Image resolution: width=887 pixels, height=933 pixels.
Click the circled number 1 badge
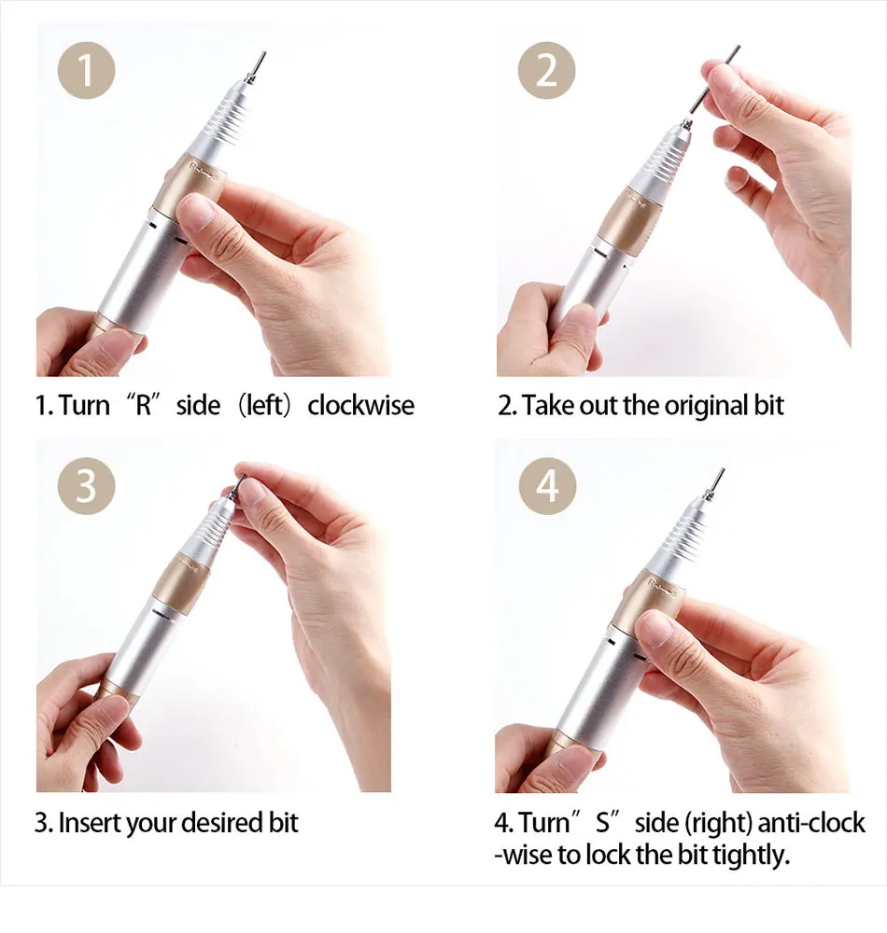pos(86,70)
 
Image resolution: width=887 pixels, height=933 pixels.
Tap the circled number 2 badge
pos(546,70)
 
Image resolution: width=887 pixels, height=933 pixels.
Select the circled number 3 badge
pos(86,486)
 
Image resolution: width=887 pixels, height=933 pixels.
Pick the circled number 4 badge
pos(547,486)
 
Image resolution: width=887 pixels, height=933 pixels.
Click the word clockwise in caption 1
pos(360,406)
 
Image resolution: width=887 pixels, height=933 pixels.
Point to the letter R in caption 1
pos(145,406)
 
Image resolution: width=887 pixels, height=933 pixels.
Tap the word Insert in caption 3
pos(89,823)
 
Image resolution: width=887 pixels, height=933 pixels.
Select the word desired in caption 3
pos(221,823)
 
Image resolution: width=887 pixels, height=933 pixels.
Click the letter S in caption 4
pos(603,823)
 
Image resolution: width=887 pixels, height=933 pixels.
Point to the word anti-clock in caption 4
pos(811,823)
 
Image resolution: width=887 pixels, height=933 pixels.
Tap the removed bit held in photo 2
pos(714,79)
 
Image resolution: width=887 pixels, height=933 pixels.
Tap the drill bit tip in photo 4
pos(723,470)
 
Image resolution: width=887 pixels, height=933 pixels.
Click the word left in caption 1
pos(263,406)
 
